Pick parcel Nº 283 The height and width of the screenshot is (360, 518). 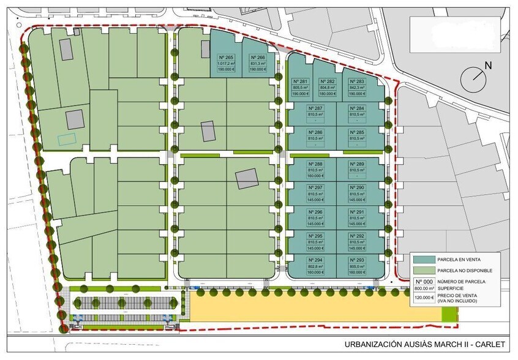click(x=357, y=87)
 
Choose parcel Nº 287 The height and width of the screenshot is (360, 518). click(x=315, y=113)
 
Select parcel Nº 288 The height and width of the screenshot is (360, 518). click(x=315, y=169)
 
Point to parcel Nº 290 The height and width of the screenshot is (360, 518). click(x=357, y=193)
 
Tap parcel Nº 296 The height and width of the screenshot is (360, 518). click(x=315, y=217)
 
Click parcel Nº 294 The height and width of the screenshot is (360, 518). click(x=315, y=265)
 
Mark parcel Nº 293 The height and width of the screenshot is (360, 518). click(x=357, y=265)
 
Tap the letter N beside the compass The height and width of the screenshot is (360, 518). click(x=487, y=65)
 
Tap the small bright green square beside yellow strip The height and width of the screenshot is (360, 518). click(x=449, y=314)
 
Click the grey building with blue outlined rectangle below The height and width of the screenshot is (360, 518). click(x=74, y=119)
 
